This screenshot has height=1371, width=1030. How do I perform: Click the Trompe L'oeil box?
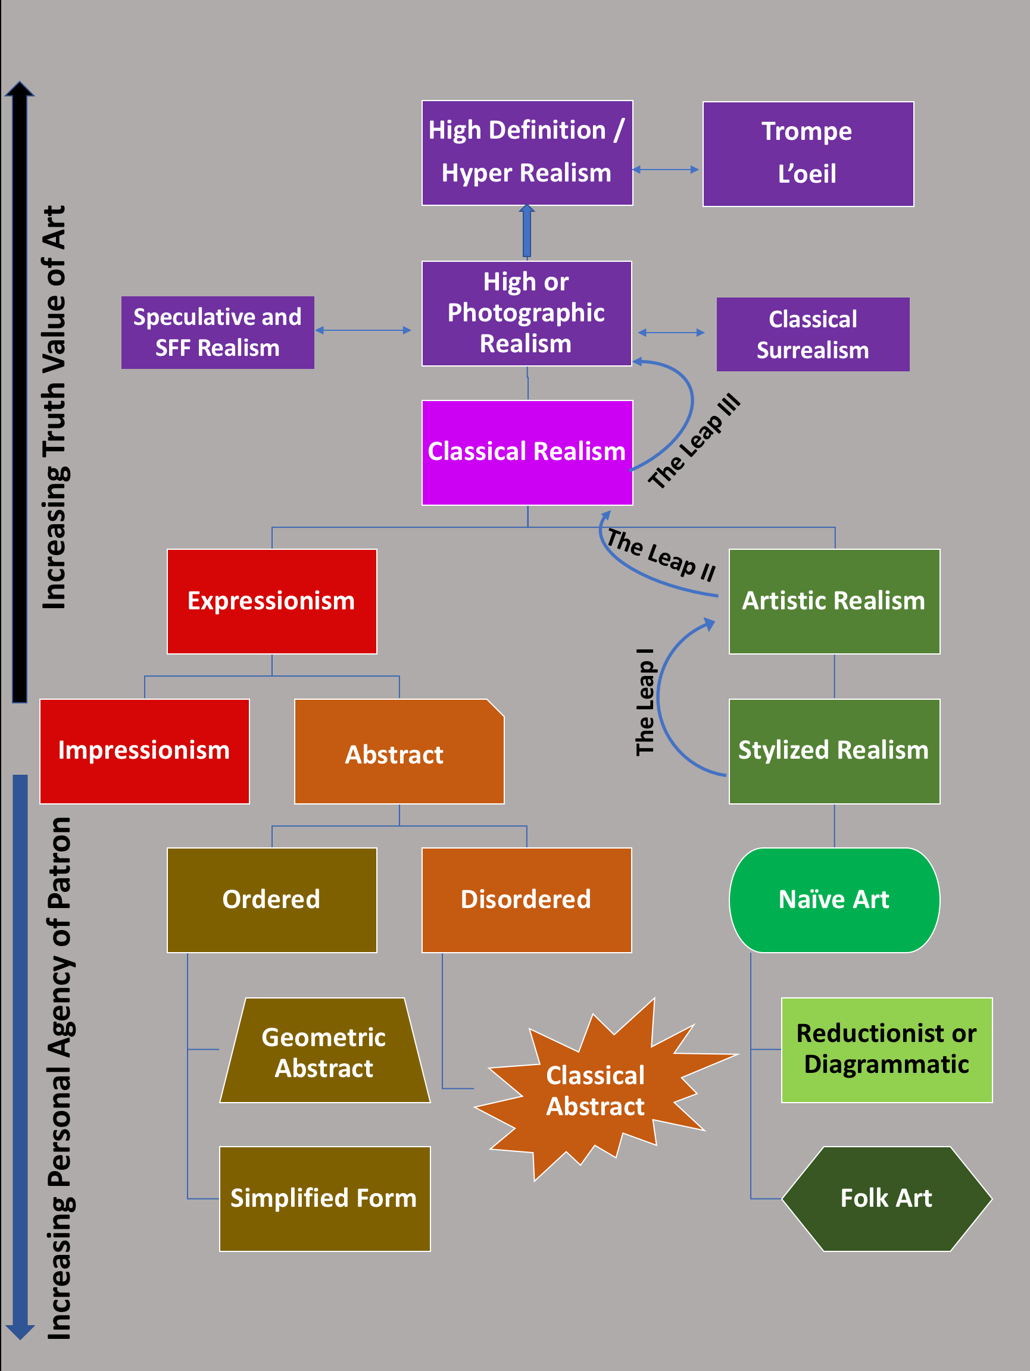(807, 154)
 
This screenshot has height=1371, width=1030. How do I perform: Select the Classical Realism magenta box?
(527, 452)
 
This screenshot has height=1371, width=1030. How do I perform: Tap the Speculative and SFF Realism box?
(218, 333)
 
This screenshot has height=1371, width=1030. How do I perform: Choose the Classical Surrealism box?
(812, 334)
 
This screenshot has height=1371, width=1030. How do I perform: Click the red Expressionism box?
(271, 601)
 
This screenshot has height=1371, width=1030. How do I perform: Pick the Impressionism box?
(144, 751)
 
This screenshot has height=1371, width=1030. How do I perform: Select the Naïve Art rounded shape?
(834, 900)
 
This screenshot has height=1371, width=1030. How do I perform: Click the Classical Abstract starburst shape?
(595, 1091)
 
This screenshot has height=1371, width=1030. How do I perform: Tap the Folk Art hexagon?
(886, 1198)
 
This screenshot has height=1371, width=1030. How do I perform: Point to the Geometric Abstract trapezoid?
(324, 1053)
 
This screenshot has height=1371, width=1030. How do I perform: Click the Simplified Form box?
(324, 1198)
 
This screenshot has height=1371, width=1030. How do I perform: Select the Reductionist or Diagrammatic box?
(886, 1049)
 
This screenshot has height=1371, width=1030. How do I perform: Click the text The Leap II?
(661, 554)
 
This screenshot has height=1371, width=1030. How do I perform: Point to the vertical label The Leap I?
(645, 702)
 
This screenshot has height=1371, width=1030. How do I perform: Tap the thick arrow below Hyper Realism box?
(526, 232)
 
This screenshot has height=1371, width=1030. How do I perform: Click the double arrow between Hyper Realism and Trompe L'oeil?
(666, 169)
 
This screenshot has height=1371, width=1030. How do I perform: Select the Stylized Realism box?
(834, 751)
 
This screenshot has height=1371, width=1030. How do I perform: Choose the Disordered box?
(526, 900)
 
